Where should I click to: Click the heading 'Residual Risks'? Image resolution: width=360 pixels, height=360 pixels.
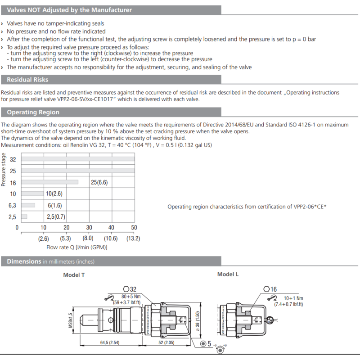pos(27,80)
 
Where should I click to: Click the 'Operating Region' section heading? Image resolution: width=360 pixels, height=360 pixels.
pos(33,112)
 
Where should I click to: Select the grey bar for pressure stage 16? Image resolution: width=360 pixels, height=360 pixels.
pos(49,182)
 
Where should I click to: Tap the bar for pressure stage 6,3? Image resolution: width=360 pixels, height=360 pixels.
pos(28,205)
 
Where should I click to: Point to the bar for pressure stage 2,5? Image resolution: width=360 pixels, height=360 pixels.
pos(24,216)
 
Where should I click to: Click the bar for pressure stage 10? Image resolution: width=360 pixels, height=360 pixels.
pos(32,193)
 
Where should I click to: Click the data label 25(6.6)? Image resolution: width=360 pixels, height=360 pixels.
pos(99,182)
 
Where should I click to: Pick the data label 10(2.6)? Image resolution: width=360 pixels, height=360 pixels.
pos(54,193)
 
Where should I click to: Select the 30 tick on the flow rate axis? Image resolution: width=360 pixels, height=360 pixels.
pos(89,228)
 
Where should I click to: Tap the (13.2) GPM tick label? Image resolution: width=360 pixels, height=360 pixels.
pos(133,238)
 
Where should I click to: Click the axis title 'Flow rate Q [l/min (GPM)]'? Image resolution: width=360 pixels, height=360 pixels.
pos(77,247)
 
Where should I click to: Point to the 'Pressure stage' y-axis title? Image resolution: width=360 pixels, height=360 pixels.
pos(4,170)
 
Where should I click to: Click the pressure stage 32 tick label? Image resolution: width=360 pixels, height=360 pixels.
pos(13,160)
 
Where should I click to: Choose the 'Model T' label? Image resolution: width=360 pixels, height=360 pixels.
pos(74,275)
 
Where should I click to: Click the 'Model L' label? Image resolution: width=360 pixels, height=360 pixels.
pos(228,274)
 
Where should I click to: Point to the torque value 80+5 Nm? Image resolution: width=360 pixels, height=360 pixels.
pos(131,297)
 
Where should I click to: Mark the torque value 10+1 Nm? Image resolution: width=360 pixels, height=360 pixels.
pos(293,298)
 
